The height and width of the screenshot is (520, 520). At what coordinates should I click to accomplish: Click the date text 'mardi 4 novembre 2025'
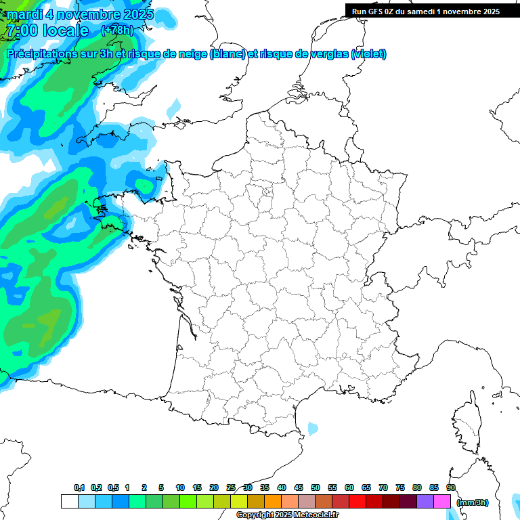[x=80, y=14]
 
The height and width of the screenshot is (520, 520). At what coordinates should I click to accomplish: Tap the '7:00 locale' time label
[x=47, y=30]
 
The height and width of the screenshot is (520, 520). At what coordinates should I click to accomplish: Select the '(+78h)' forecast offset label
[x=117, y=30]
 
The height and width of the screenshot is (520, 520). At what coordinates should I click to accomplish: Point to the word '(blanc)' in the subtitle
[x=227, y=54]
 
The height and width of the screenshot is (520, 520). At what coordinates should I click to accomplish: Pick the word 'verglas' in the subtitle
[x=328, y=54]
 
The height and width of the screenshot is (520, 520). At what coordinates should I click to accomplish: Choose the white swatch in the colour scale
[x=69, y=502]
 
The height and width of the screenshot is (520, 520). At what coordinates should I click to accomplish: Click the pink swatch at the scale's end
[x=442, y=502]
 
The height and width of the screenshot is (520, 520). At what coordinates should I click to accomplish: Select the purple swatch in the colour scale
[x=425, y=502]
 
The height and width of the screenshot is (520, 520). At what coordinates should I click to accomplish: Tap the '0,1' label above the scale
[x=79, y=488]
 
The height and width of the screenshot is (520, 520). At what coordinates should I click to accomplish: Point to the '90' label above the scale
[x=451, y=488]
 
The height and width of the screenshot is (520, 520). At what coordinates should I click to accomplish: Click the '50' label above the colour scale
[x=316, y=488]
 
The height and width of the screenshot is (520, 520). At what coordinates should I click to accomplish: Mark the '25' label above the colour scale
[x=231, y=488]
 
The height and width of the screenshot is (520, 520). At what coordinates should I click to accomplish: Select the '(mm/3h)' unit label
[x=473, y=502]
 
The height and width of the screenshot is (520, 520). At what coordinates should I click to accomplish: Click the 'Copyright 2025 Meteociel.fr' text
[x=287, y=515]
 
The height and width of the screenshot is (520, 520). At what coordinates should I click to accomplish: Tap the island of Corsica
[x=467, y=423]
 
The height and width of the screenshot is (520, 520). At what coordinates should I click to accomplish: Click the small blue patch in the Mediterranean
[x=313, y=429]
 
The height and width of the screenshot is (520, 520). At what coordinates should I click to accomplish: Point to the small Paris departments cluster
[x=267, y=194]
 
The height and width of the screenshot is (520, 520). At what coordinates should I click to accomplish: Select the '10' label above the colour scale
[x=180, y=488]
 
